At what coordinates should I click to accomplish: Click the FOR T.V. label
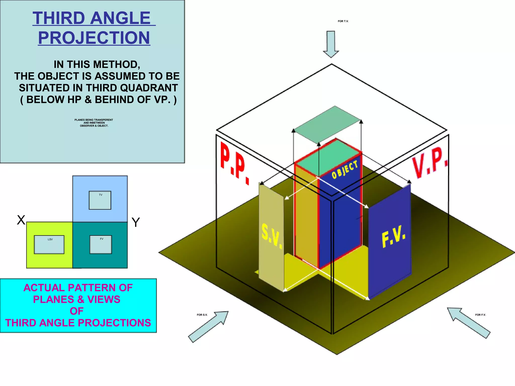pyautogui.click(x=343, y=21)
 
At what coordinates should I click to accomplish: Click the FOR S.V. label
pyautogui.click(x=202, y=315)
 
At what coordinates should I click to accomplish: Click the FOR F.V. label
pyautogui.click(x=480, y=315)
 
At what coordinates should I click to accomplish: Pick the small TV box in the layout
pyautogui.click(x=100, y=200)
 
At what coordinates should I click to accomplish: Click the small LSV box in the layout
pyautogui.click(x=49, y=245)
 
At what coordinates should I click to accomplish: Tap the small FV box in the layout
pyautogui.click(x=101, y=245)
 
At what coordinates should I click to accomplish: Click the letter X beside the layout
pyautogui.click(x=21, y=220)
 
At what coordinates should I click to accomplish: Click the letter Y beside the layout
pyautogui.click(x=136, y=222)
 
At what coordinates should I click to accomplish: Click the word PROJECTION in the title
pyautogui.click(x=94, y=38)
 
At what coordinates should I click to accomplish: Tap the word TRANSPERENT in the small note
pyautogui.click(x=103, y=120)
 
